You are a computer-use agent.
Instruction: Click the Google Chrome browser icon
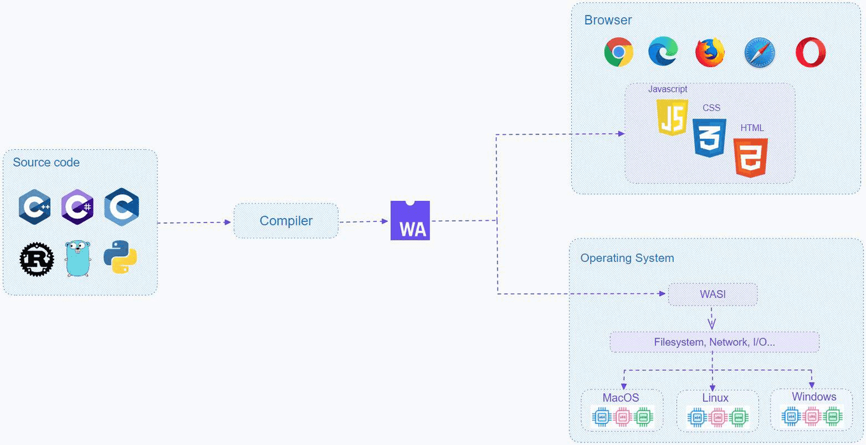click(618, 52)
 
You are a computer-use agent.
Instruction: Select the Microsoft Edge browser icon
click(663, 52)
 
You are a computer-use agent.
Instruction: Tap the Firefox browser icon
click(709, 52)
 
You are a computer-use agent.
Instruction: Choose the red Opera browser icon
click(811, 52)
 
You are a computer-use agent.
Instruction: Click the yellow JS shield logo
click(672, 117)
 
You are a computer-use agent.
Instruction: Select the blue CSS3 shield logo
click(709, 138)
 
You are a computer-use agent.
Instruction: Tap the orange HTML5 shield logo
click(751, 157)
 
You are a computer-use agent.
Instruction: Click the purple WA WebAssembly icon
click(410, 221)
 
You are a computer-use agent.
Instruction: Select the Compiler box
click(286, 221)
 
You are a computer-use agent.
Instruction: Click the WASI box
click(713, 295)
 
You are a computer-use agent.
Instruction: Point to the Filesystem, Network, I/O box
click(714, 342)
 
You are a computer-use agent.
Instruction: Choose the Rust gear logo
click(36, 259)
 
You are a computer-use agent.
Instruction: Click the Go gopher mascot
click(78, 259)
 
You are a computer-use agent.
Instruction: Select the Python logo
click(120, 257)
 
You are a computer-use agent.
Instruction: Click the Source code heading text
click(46, 163)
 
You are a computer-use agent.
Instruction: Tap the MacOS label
click(621, 398)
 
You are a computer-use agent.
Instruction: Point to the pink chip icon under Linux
click(718, 418)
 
